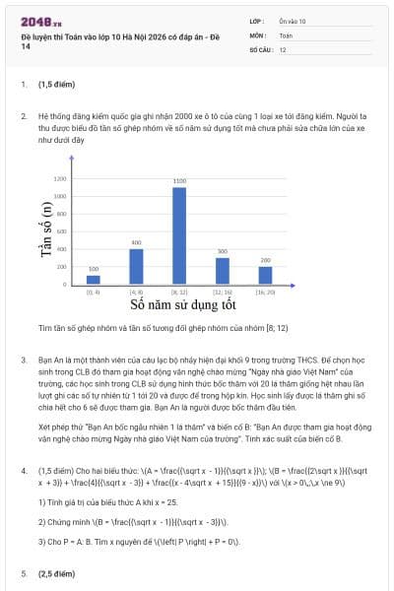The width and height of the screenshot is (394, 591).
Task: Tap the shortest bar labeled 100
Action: (x=94, y=280)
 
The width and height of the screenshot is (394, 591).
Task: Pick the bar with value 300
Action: (x=222, y=271)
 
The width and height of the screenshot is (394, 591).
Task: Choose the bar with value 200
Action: (x=265, y=275)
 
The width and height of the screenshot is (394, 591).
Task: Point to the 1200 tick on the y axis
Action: (x=60, y=178)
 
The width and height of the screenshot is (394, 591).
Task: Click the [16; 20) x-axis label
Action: (x=265, y=293)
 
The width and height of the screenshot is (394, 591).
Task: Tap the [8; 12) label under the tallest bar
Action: (x=178, y=293)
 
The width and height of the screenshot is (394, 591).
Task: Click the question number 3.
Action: (x=24, y=361)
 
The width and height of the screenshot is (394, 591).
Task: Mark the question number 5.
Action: (x=24, y=572)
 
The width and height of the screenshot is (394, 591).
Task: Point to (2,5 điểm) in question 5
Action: (x=57, y=572)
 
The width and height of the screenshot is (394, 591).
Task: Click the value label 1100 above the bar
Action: (x=178, y=181)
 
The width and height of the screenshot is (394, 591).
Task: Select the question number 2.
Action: (x=24, y=115)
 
